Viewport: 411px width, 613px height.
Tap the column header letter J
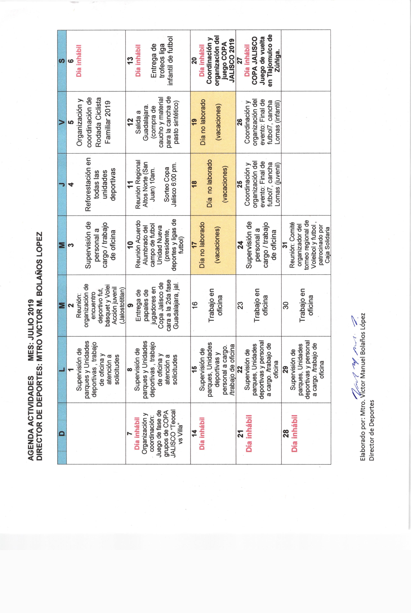pyautogui.click(x=62, y=184)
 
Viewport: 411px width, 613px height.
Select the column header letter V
pyautogui.click(x=62, y=122)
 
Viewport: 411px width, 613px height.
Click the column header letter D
pyautogui.click(x=62, y=433)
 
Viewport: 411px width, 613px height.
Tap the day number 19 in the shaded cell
pyautogui.click(x=194, y=122)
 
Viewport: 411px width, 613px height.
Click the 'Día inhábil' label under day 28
pyautogui.click(x=294, y=433)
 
